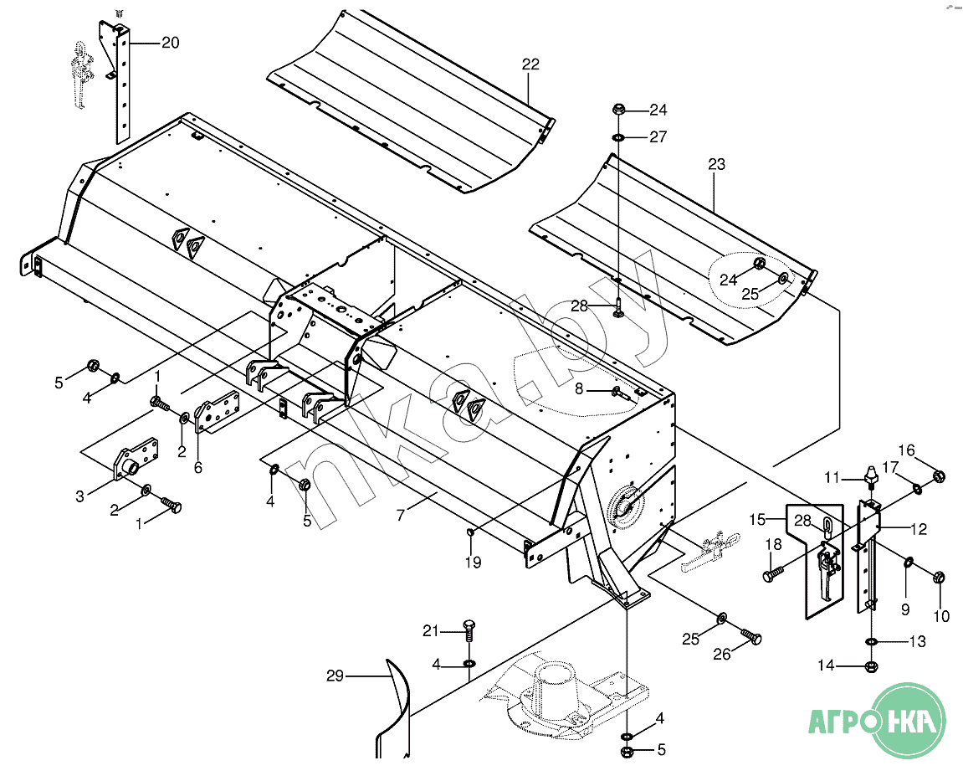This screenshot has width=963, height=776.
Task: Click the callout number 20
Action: pos(170,43)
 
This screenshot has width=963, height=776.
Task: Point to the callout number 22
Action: pos(530,64)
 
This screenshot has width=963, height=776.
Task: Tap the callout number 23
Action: pos(716,164)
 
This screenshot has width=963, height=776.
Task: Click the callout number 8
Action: pos(578,388)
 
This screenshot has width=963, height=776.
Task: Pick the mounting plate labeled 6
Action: pos(218,412)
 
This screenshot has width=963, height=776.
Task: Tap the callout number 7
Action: pos(401,514)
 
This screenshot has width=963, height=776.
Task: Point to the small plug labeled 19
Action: pos(470,532)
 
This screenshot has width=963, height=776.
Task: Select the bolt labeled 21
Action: pos(469,630)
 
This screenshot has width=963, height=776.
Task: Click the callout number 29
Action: pos(335,676)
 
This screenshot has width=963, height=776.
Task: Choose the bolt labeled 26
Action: pos(751,635)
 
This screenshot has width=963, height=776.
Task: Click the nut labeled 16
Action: pos(939,475)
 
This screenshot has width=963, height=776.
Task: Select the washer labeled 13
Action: pos(871,642)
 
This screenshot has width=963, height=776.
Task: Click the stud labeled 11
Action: pos(871,477)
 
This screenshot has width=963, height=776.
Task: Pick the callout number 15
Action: pos(757,520)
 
